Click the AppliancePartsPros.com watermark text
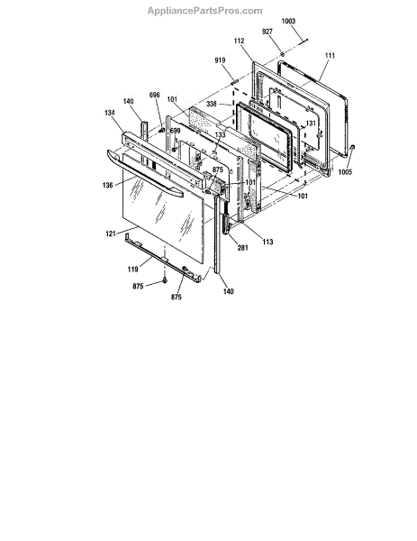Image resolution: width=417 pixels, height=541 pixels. pyautogui.click(x=204, y=11)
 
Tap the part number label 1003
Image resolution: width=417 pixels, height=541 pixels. pyautogui.click(x=288, y=21)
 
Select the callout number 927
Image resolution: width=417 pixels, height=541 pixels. pyautogui.click(x=267, y=32)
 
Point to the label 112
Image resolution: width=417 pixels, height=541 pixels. pyautogui.click(x=239, y=41)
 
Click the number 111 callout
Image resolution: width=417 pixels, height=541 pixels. pyautogui.click(x=330, y=55)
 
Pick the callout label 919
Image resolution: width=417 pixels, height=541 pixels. pyautogui.click(x=220, y=60)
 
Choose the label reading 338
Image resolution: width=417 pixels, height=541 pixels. pyautogui.click(x=212, y=104)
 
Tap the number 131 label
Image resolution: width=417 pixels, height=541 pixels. pyautogui.click(x=311, y=124)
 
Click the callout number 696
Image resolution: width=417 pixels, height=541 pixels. pyautogui.click(x=154, y=95)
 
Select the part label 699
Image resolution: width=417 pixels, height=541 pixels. pyautogui.click(x=175, y=131)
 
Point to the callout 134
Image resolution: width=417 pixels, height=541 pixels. pyautogui.click(x=110, y=113)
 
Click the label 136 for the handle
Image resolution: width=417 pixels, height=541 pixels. pyautogui.click(x=107, y=185)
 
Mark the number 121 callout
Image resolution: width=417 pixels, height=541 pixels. pyautogui.click(x=110, y=234)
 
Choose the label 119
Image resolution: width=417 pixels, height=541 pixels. pyautogui.click(x=132, y=269)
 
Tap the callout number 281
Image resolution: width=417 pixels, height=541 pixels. pyautogui.click(x=242, y=247)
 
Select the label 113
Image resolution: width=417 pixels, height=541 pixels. pyautogui.click(x=267, y=242)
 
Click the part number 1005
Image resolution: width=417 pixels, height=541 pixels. pyautogui.click(x=345, y=172)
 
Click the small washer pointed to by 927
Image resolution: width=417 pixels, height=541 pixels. pyautogui.click(x=282, y=54)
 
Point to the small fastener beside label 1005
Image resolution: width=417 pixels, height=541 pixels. pyautogui.click(x=352, y=147)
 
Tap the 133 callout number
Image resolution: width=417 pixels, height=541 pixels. pyautogui.click(x=221, y=134)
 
